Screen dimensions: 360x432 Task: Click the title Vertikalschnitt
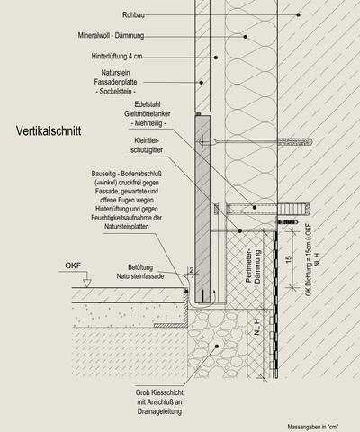point(49,131)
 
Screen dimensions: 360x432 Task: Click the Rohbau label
point(133,14)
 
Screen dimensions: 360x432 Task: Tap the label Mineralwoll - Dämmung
point(111,35)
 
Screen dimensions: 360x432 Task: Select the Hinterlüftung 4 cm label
point(117,56)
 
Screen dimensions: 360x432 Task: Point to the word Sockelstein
point(116,91)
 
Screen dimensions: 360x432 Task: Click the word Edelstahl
point(148,104)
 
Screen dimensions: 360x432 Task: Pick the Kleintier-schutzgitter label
point(147,145)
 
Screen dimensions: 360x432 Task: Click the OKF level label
point(73,265)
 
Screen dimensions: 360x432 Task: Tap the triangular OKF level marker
point(87,283)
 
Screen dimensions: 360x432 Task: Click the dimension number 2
point(192,270)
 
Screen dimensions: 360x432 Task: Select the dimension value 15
point(289,259)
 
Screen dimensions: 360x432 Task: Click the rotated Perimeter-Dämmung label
point(253,266)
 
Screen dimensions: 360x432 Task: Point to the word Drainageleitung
point(159,411)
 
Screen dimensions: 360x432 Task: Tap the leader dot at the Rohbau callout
point(298,14)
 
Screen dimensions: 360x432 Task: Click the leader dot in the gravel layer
point(217,346)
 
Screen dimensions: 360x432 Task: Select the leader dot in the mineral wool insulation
point(246,37)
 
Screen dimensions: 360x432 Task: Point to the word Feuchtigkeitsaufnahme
point(127,218)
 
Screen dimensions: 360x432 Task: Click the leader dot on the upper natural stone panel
point(202,82)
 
